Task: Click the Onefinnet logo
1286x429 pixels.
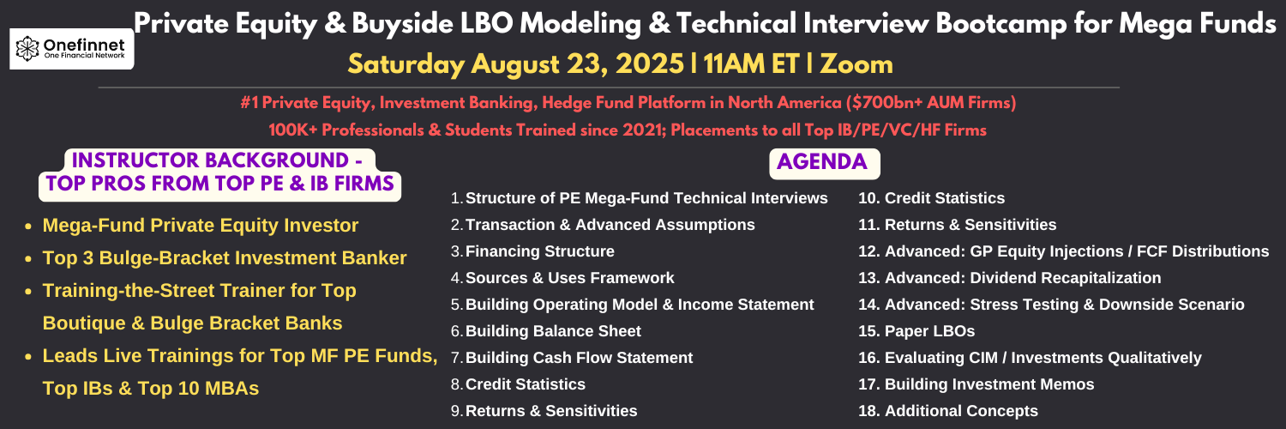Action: click(72, 49)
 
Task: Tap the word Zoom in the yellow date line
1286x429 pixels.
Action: click(856, 64)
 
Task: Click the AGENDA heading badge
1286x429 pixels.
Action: click(824, 163)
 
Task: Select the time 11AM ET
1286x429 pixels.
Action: click(752, 64)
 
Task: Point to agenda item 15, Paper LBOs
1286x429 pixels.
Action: click(916, 331)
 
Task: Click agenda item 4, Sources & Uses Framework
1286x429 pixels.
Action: click(562, 278)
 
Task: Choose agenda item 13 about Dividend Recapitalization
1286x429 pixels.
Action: click(1009, 278)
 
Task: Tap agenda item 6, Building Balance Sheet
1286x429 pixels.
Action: click(546, 331)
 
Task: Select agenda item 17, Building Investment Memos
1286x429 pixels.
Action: click(976, 384)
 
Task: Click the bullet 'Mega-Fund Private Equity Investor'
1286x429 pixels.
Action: click(201, 226)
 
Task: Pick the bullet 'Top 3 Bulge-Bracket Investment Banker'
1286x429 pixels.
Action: click(225, 258)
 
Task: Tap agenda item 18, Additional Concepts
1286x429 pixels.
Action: click(948, 411)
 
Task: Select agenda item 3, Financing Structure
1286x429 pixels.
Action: click(532, 251)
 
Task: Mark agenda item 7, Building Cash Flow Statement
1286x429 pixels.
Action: click(572, 358)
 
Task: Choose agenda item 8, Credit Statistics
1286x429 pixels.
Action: click(518, 384)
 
